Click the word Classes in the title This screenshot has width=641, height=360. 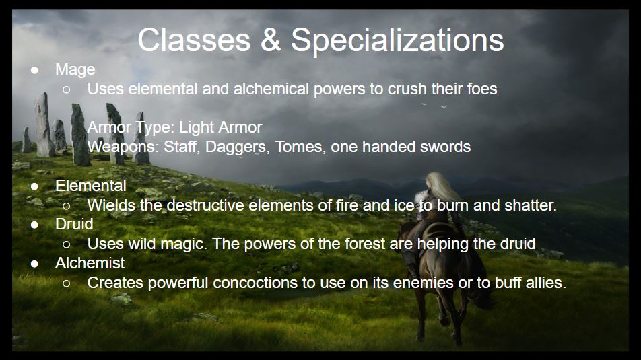pos(194,40)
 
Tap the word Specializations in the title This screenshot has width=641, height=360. pos(397,41)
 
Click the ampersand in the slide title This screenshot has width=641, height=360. pos(270,40)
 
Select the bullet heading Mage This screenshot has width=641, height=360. pos(75,70)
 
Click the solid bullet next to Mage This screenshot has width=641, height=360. pos(35,70)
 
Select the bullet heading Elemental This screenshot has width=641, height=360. pos(91,186)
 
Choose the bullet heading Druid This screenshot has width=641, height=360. pos(74,224)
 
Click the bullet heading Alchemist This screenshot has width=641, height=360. pos(90,263)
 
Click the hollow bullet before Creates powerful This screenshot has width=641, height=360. pos(67,283)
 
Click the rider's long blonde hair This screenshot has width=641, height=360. pos(440,188)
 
